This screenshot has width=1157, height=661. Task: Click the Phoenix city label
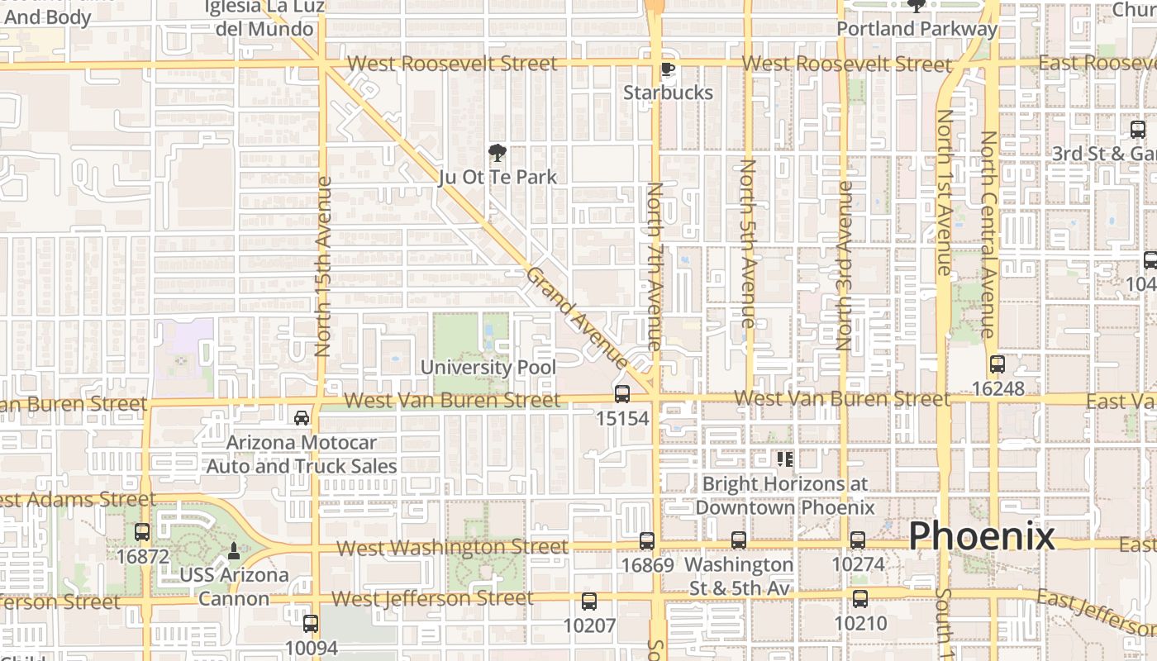pos(981,537)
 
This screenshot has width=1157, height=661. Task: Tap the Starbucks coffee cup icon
pos(667,69)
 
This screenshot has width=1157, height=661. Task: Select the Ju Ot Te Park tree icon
pos(497,153)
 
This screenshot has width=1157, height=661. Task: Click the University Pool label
pos(488,367)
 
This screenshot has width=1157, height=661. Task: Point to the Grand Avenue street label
pos(577,318)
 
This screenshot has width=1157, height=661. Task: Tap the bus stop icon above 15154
pos(622,394)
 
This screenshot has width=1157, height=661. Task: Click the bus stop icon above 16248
pos(997,364)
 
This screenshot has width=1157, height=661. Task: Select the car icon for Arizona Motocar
pos(302,417)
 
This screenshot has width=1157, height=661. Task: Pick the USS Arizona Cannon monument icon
pos(234,550)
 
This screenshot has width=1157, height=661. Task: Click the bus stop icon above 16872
pos(142,532)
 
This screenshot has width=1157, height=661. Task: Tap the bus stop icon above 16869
pos(647,541)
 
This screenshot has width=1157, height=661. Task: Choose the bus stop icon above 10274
pos(858,540)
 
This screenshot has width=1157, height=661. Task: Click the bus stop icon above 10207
pos(589,602)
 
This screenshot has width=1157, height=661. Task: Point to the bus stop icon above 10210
pos(860,599)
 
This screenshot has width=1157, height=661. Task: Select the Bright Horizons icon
pos(784,458)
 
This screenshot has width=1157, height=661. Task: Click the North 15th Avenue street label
pos(323,266)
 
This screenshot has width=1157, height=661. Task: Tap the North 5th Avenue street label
pos(747,244)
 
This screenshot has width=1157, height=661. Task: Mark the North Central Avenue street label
pos(988,234)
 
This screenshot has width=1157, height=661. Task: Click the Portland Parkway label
pos(917,29)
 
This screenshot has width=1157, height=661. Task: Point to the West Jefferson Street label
pos(432,598)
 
